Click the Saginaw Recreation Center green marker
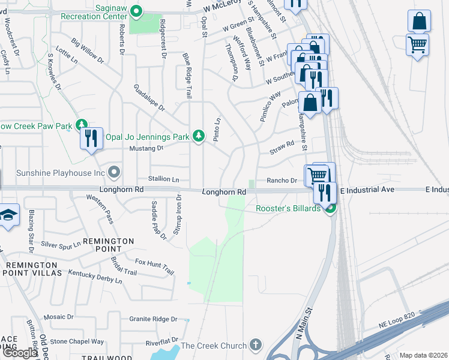tap(137, 10)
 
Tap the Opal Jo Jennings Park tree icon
tap(199, 136)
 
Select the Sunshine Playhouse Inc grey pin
tap(115, 173)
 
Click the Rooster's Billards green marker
tap(329, 209)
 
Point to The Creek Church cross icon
tap(256, 345)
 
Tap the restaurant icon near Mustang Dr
tap(91, 139)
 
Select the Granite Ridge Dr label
tap(154, 319)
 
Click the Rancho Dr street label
tap(282, 181)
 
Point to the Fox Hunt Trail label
tap(154, 266)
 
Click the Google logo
tap(20, 353)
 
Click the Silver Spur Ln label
tap(61, 244)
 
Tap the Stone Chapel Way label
tap(77, 341)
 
